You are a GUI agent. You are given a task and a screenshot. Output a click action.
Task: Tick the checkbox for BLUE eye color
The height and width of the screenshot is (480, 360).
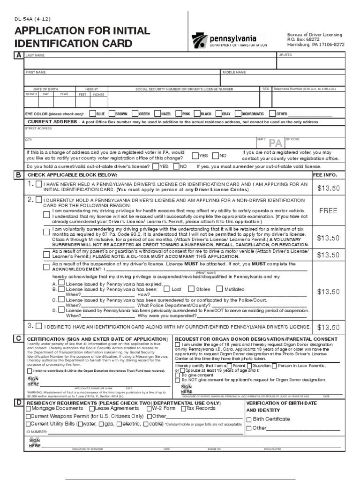(x=92, y=113)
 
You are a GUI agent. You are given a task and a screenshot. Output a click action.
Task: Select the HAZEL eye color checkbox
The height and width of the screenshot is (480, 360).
(x=157, y=113)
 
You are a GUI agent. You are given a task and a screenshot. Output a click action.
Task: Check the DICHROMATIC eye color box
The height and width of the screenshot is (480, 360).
(x=237, y=113)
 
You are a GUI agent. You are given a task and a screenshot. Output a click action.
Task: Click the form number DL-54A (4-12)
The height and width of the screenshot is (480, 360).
(x=31, y=19)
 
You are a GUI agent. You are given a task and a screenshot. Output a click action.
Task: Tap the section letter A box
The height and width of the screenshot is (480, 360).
(x=18, y=55)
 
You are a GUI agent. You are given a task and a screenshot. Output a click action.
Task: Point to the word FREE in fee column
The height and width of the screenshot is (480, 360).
(x=328, y=210)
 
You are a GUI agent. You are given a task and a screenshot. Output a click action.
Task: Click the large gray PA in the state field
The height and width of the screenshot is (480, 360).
(x=275, y=143)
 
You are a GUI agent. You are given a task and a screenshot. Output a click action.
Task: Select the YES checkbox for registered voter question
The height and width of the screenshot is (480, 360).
(x=195, y=155)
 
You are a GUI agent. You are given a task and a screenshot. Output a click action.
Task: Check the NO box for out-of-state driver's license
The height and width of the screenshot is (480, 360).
(x=176, y=166)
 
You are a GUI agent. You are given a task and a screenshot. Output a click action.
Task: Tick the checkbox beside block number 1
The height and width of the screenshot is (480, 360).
(x=38, y=184)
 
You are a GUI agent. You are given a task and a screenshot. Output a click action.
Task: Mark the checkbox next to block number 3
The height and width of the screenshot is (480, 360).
(x=38, y=326)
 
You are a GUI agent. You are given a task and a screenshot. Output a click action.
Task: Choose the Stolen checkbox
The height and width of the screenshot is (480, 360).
(x=191, y=289)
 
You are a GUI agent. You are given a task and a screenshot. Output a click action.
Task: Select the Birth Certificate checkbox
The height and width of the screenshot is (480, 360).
(x=249, y=419)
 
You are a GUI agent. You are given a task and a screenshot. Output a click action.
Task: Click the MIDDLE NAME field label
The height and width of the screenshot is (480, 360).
(x=233, y=73)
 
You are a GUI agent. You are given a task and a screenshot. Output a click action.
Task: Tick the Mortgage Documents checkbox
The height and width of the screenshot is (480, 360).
(x=28, y=408)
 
